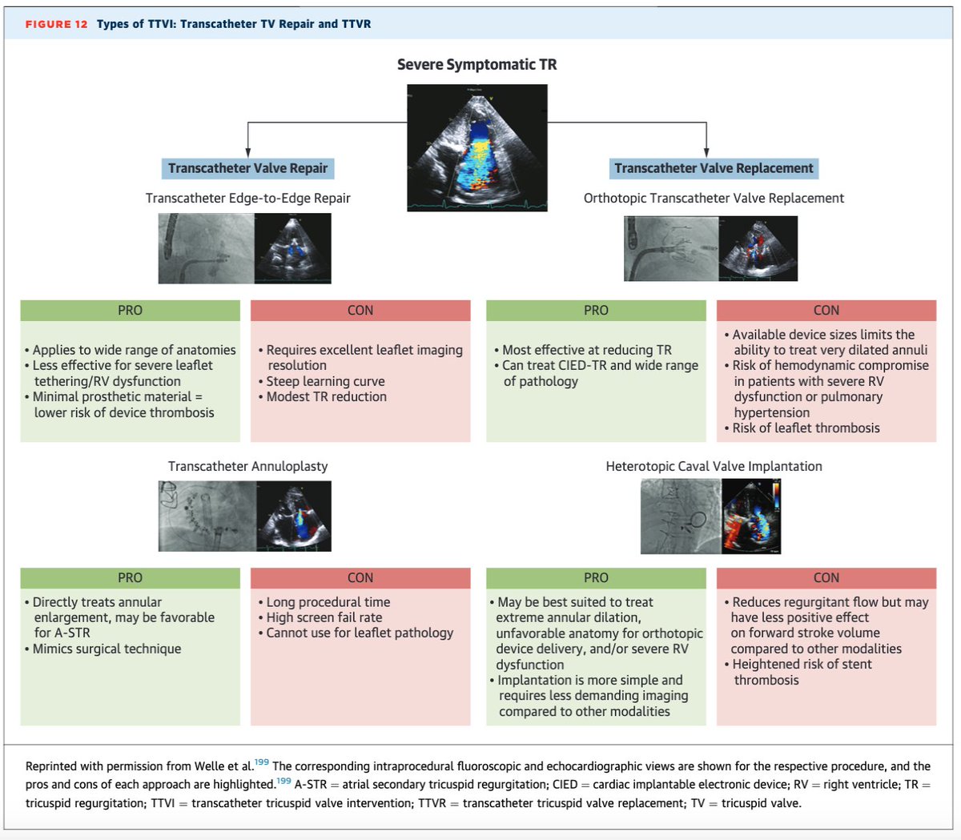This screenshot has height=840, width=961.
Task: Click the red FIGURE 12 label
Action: [56, 24]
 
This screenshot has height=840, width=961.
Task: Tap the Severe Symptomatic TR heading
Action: [476, 64]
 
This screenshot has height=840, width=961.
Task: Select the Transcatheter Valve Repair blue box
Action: [247, 168]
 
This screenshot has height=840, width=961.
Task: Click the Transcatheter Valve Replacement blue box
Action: [714, 168]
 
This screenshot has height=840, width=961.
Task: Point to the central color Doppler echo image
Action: [476, 147]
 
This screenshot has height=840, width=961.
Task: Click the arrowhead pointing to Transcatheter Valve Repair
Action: [247, 152]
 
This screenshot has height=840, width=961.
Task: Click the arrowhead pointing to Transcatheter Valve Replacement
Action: [706, 152]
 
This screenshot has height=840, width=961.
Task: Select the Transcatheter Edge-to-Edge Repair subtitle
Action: [247, 198]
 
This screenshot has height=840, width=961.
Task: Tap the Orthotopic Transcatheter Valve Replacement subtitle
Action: [714, 198]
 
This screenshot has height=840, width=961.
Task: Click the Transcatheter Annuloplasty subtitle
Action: [247, 466]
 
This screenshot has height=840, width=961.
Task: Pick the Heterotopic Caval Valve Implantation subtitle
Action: [714, 466]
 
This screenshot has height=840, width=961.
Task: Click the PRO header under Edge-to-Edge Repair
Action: [130, 311]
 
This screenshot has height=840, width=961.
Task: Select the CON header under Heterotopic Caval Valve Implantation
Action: [826, 578]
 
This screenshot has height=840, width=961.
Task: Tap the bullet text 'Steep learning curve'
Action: [325, 381]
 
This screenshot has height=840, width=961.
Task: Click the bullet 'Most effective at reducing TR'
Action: [586, 350]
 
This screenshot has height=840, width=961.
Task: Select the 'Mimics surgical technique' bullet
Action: [107, 649]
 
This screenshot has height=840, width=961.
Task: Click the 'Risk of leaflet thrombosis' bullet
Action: [806, 428]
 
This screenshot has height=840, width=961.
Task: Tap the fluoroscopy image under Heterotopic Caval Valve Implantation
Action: [681, 516]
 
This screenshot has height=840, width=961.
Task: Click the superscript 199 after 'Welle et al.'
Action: [262, 762]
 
